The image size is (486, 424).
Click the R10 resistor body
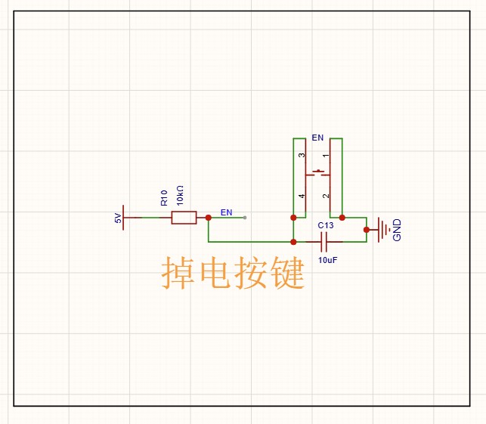(184, 218)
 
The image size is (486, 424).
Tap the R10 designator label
(164, 198)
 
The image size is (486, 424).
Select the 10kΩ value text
(179, 194)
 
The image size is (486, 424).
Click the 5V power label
(117, 218)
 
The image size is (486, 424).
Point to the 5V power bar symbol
(123, 218)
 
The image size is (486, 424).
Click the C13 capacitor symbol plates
(325, 242)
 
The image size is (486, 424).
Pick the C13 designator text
(325, 225)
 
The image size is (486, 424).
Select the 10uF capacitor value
(327, 259)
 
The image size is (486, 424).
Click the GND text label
(398, 230)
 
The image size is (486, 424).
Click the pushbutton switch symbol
(318, 174)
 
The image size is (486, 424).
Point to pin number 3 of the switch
(302, 156)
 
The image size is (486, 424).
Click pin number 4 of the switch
(302, 197)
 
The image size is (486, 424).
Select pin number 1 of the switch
(326, 156)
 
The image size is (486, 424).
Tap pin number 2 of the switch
(326, 197)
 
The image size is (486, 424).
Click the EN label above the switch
(317, 138)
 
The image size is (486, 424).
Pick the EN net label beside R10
(226, 212)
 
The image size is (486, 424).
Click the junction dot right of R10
(208, 218)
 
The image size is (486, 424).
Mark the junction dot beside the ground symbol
(367, 229)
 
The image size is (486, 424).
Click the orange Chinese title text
(233, 273)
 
